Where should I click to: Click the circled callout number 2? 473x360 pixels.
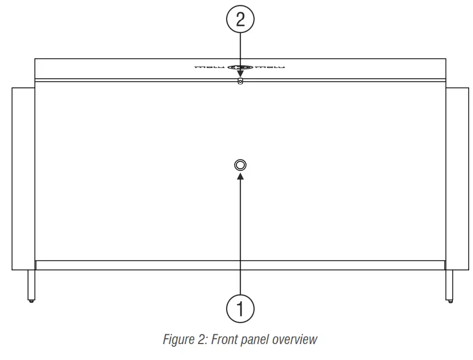[240, 20]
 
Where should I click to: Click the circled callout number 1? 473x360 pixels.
[240, 308]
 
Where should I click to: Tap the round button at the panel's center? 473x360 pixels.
[240, 165]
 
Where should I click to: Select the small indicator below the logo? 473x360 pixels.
[240, 82]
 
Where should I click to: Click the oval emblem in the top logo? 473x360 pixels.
[240, 68]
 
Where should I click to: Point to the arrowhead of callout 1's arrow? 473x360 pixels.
[240, 176]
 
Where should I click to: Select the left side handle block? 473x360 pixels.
[23, 178]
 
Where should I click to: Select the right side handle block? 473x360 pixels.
[457, 178]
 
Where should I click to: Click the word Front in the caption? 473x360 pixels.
[224, 339]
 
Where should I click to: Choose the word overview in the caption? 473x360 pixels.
[295, 339]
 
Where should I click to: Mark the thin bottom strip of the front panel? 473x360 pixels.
[240, 265]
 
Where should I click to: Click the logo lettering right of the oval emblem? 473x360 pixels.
[270, 68]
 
